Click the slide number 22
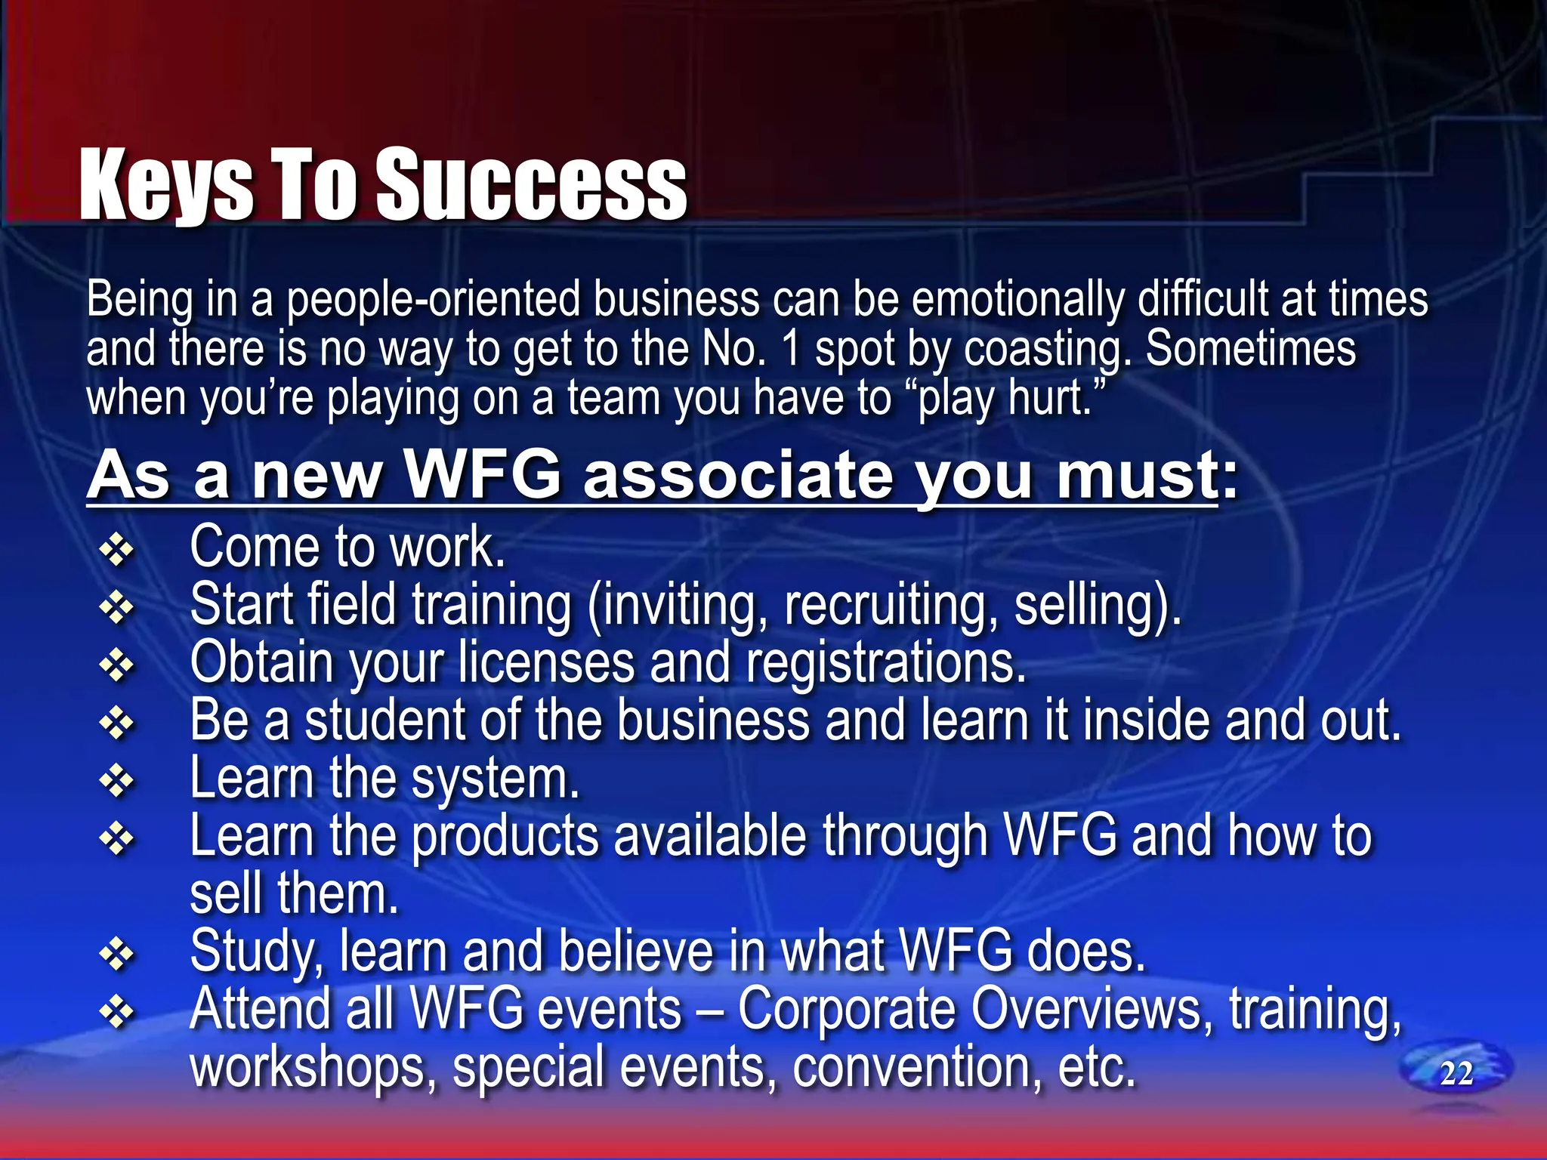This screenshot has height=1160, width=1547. coord(1456,1073)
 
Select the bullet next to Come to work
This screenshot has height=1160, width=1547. coord(117,550)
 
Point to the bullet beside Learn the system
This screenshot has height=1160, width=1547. coord(117,782)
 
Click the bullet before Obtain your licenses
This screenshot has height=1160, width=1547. coord(117,665)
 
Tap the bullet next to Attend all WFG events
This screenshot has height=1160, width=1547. coord(117,1013)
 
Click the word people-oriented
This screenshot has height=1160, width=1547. coord(434,300)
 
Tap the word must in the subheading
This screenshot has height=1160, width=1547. coord(1138,476)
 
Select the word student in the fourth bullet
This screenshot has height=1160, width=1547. coord(384,720)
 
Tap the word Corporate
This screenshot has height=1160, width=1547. coord(848,1010)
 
